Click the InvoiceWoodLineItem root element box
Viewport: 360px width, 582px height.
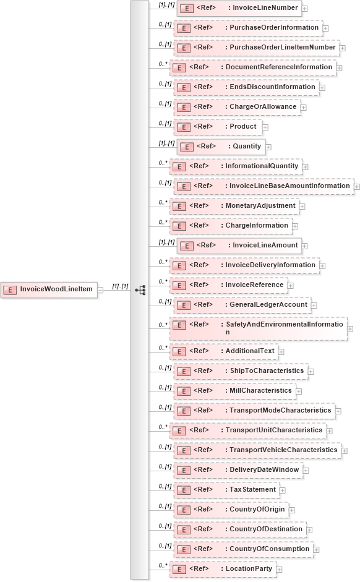click(x=49, y=289)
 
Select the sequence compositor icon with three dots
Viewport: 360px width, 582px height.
click(x=140, y=289)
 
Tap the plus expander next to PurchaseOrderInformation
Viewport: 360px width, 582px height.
click(x=325, y=28)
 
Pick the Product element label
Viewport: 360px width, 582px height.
click(x=242, y=127)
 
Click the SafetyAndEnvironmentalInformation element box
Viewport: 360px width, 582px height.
click(x=259, y=328)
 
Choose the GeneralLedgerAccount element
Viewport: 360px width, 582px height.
click(x=242, y=305)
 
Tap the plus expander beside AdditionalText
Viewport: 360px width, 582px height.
click(x=281, y=351)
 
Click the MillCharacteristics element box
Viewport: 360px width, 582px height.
click(x=235, y=391)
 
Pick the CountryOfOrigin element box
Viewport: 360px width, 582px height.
click(x=236, y=510)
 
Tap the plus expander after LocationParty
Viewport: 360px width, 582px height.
click(x=280, y=569)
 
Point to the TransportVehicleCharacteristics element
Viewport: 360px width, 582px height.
click(x=257, y=450)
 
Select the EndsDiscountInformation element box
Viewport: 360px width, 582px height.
click(x=247, y=87)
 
